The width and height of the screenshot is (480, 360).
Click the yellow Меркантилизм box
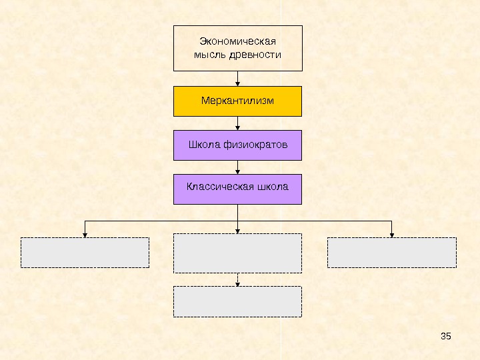click(x=238, y=101)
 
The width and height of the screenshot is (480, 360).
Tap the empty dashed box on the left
click(x=85, y=253)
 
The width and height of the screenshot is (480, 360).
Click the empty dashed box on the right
click(x=392, y=253)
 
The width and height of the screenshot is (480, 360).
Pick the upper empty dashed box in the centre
click(x=238, y=253)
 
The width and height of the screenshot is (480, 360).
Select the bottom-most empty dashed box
click(x=238, y=301)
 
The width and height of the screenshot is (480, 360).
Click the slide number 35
click(x=447, y=335)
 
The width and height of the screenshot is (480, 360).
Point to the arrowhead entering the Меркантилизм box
click(x=238, y=83)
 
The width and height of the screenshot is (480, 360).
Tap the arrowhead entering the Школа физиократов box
click(x=238, y=127)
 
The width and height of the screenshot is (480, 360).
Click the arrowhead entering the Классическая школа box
click(x=238, y=171)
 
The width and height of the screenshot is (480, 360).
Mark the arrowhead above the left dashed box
click(x=85, y=234)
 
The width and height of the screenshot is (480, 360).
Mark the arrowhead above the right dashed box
click(x=392, y=234)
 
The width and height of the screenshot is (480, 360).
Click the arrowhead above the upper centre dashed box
click(x=238, y=231)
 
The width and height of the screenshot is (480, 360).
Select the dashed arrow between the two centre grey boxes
click(x=238, y=280)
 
